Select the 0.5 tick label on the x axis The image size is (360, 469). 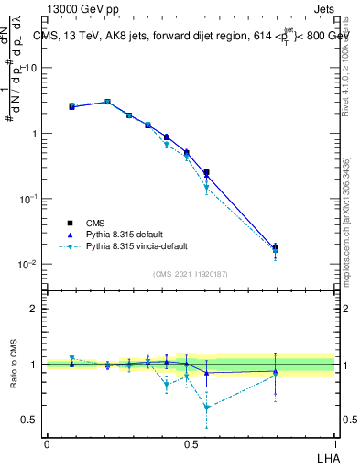pyautogui.click(x=191, y=443)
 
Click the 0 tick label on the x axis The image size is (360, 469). pyautogui.click(x=47, y=443)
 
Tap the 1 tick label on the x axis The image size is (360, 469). pyautogui.click(x=335, y=443)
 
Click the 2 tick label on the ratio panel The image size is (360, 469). pyautogui.click(x=34, y=309)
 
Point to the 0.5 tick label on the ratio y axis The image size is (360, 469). pyautogui.click(x=29, y=420)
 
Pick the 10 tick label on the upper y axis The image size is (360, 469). pyautogui.click(x=30, y=68)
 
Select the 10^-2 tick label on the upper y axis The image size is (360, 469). pyautogui.click(x=27, y=264)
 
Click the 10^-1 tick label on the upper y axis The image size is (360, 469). pyautogui.click(x=27, y=199)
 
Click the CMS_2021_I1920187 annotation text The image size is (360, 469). pyautogui.click(x=191, y=274)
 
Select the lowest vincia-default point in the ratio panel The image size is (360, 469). pyautogui.click(x=207, y=408)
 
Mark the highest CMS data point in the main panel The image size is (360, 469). pyautogui.click(x=107, y=102)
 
